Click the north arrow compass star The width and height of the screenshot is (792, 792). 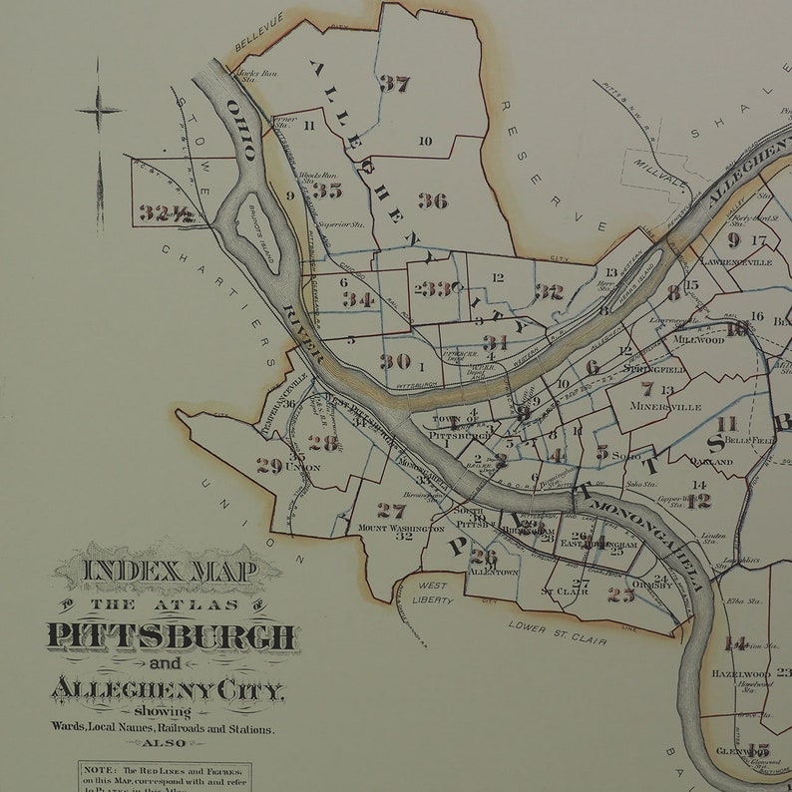[99, 111]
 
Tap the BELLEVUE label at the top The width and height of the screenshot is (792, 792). [259, 31]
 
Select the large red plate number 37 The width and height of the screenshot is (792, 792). [394, 84]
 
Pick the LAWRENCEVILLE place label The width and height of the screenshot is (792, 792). [736, 261]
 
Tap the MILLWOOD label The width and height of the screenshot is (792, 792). [698, 339]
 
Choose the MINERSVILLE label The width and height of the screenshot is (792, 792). [672, 407]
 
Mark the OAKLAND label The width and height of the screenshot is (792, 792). [712, 462]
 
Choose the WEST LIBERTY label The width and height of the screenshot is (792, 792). [432, 593]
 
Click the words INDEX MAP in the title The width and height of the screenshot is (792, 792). [169, 572]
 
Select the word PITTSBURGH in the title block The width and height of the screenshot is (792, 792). [171, 636]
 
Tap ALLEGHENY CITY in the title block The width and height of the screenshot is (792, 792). [167, 690]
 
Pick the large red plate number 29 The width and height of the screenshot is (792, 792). [268, 466]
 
